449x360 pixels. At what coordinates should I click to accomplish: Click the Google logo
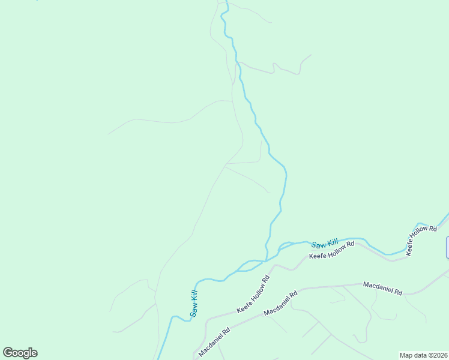[x=20, y=353]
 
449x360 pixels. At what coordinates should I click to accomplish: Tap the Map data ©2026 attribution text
[x=423, y=355]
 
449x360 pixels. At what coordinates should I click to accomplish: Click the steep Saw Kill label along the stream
[x=193, y=304]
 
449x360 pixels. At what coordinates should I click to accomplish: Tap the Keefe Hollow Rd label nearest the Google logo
[x=253, y=295]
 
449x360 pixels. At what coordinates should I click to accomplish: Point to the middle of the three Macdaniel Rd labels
[x=281, y=304]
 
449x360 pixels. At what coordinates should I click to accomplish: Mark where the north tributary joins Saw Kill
[x=267, y=260]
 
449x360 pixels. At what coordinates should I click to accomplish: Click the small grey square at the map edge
[x=447, y=248]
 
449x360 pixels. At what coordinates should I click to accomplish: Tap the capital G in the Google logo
[x=8, y=353]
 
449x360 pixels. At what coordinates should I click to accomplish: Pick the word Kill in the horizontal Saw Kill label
[x=333, y=242]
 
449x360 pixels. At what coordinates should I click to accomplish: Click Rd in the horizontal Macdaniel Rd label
[x=398, y=292]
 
